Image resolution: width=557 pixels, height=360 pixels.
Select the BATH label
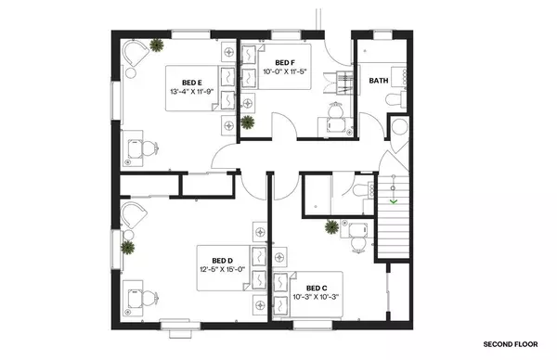[379, 81]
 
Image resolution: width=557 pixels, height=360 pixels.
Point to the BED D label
[222, 260]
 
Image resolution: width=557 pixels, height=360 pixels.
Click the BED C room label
[317, 289]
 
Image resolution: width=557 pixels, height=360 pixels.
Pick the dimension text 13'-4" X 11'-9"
[192, 92]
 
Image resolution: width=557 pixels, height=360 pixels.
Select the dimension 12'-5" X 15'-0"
[221, 270]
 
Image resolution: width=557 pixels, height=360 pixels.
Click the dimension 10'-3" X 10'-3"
[317, 298]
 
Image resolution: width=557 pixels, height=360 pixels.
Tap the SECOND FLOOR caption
[509, 344]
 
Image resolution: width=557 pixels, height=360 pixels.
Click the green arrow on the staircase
[395, 199]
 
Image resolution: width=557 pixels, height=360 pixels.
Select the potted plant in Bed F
[247, 121]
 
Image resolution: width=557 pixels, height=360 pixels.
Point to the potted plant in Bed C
[330, 225]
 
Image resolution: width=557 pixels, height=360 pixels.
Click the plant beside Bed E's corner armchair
[158, 44]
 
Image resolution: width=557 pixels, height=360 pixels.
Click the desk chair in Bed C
[356, 238]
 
